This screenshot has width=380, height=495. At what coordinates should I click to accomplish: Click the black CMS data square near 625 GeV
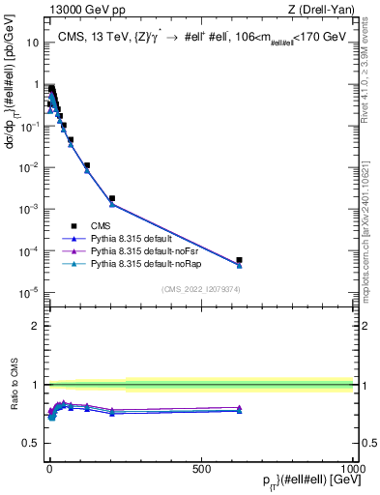pyautogui.click(x=239, y=260)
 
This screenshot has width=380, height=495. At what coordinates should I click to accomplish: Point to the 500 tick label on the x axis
pyautogui.click(x=201, y=468)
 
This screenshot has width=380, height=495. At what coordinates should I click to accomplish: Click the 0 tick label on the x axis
pyautogui.click(x=49, y=468)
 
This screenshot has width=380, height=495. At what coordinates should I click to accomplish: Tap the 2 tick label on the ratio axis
pyautogui.click(x=36, y=326)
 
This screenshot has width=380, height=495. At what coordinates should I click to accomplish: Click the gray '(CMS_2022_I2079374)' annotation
pyautogui.click(x=201, y=287)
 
